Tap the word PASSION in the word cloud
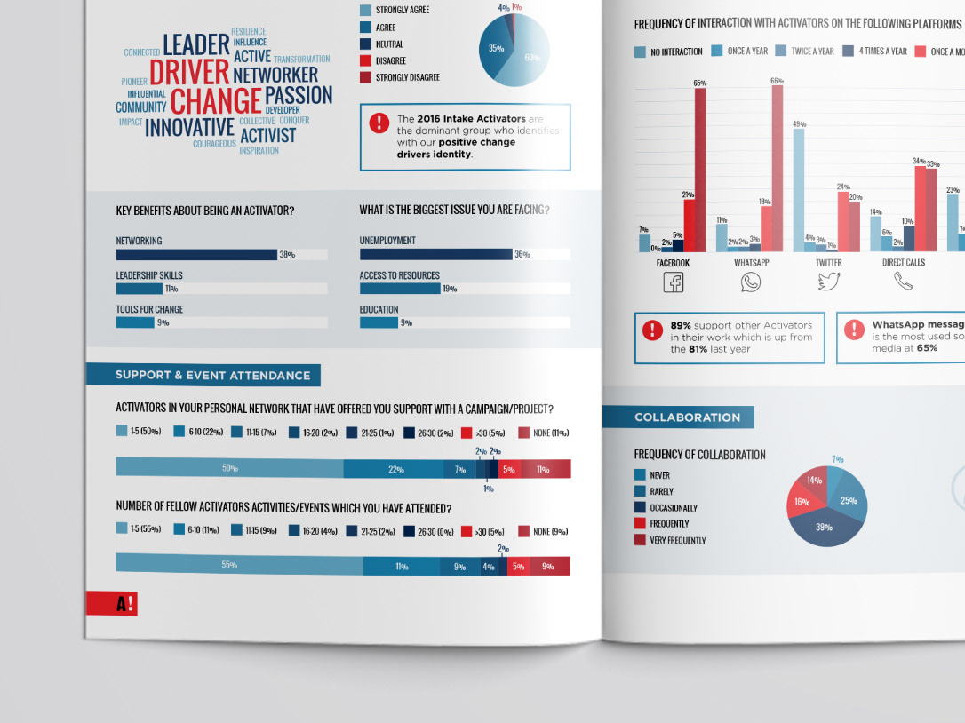coord(299,96)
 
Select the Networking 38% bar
coord(196,255)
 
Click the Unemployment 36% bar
coord(435,254)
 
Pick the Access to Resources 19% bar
coord(400,289)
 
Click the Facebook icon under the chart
coord(674,282)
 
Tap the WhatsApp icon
coord(751,282)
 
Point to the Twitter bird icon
coord(828,282)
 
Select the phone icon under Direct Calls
coord(904,282)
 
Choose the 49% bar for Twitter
coord(799,191)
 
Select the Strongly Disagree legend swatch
coord(365,78)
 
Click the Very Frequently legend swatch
coord(640,540)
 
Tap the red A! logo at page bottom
coord(112,604)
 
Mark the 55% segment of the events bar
coord(239,565)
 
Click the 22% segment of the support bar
coord(395,468)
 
